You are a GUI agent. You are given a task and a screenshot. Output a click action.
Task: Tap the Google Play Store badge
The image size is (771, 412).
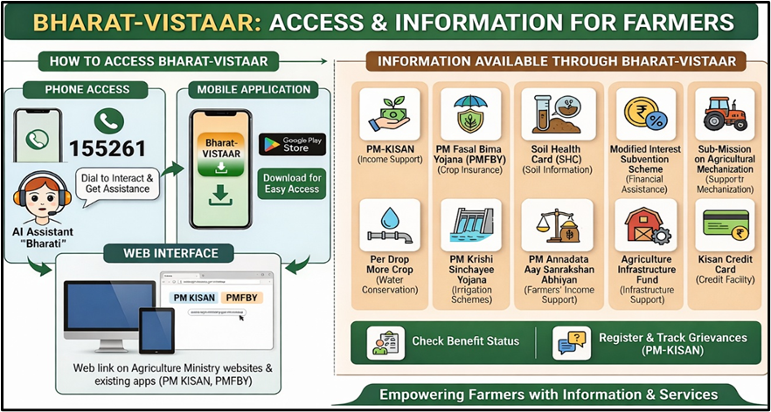click(x=292, y=143)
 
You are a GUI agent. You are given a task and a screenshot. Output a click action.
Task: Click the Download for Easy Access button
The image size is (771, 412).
click(x=292, y=183)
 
